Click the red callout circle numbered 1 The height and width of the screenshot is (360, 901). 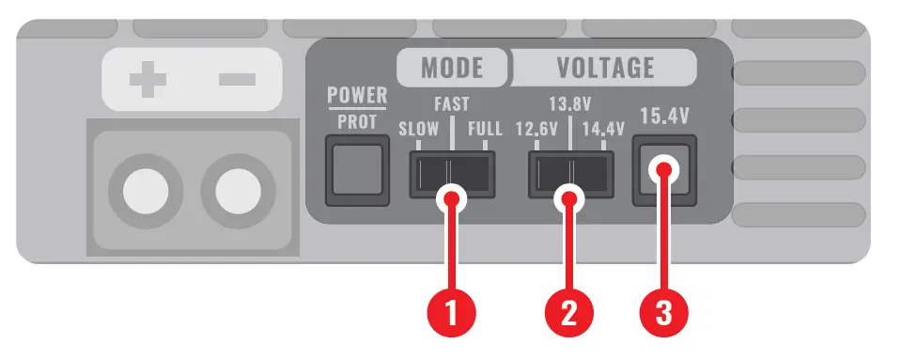coord(453,309)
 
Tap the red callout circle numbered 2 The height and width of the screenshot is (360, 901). coord(568,309)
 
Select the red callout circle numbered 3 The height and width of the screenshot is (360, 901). coord(665,309)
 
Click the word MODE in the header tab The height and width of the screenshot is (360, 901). coord(452,68)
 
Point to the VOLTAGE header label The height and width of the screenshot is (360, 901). coord(605,68)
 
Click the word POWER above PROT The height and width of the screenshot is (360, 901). coord(356,96)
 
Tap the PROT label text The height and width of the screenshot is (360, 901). coord(356,121)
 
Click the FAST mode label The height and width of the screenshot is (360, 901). coord(451,104)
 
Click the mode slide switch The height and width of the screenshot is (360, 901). coord(451,175)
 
